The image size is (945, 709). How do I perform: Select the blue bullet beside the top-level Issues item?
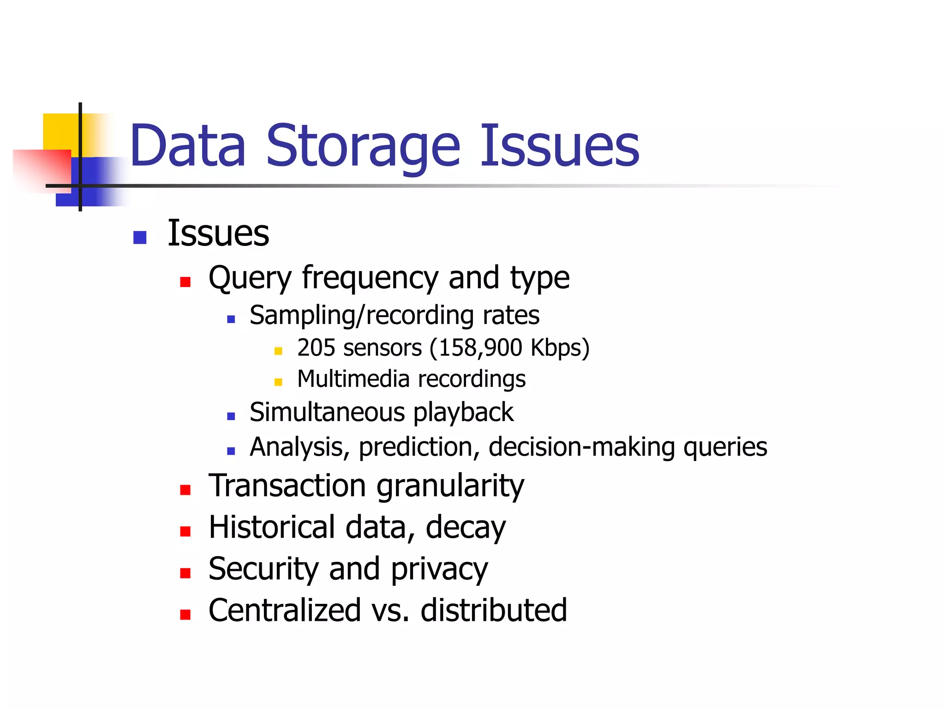(x=139, y=237)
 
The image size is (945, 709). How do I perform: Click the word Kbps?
(x=556, y=348)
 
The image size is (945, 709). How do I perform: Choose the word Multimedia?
(x=353, y=379)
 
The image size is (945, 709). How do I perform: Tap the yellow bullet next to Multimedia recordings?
(x=278, y=382)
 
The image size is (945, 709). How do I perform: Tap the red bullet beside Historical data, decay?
(x=185, y=531)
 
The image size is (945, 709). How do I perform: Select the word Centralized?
(x=284, y=610)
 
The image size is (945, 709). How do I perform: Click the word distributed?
(x=493, y=610)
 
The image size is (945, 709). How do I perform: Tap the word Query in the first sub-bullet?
(x=250, y=278)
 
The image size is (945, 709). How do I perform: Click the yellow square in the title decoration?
(x=60, y=131)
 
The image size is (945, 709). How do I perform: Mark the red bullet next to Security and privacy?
(x=185, y=573)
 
